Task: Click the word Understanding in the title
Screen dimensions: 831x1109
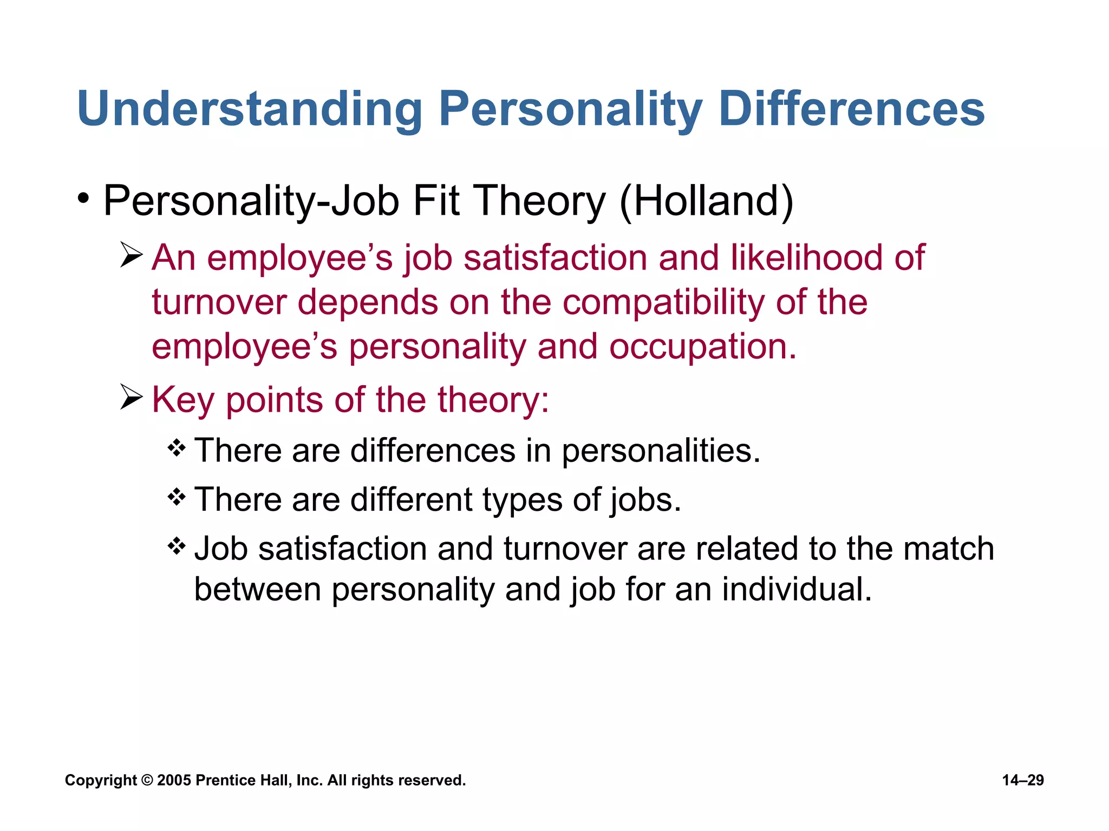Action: coord(250,110)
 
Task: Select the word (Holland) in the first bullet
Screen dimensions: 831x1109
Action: coord(707,201)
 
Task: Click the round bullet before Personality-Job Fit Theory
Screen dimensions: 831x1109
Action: coord(83,199)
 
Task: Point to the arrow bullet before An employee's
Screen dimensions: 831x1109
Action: coord(132,255)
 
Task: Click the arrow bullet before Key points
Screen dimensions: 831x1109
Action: coord(132,398)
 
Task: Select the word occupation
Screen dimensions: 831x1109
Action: coord(703,347)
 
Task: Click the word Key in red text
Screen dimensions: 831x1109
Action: coord(182,400)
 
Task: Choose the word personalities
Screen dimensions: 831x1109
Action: coord(661,451)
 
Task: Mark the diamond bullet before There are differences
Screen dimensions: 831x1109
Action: coord(177,448)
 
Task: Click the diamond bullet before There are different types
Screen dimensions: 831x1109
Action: coord(177,497)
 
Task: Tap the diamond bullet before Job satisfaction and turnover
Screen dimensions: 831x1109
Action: coord(177,546)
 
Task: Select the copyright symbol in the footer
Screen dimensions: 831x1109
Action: coord(147,781)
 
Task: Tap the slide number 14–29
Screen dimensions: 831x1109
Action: coord(1023,780)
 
